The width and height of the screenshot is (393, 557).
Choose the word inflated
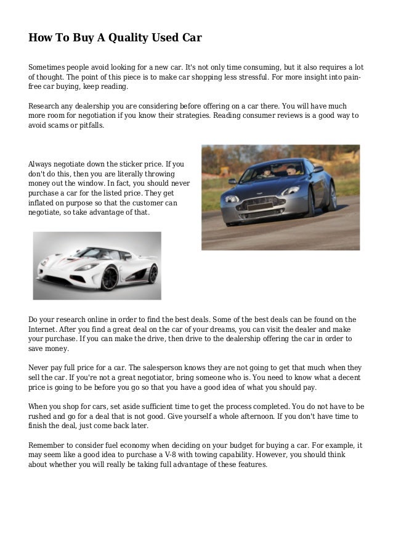pos(43,202)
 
